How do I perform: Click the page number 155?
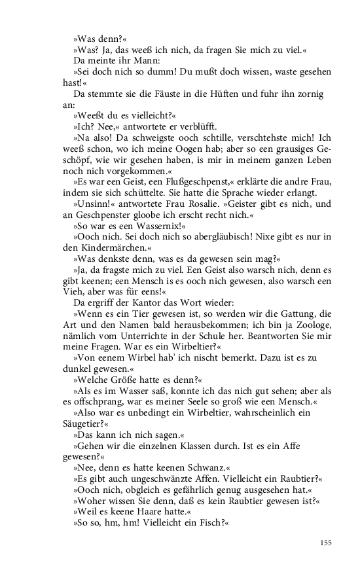(x=327, y=542)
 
